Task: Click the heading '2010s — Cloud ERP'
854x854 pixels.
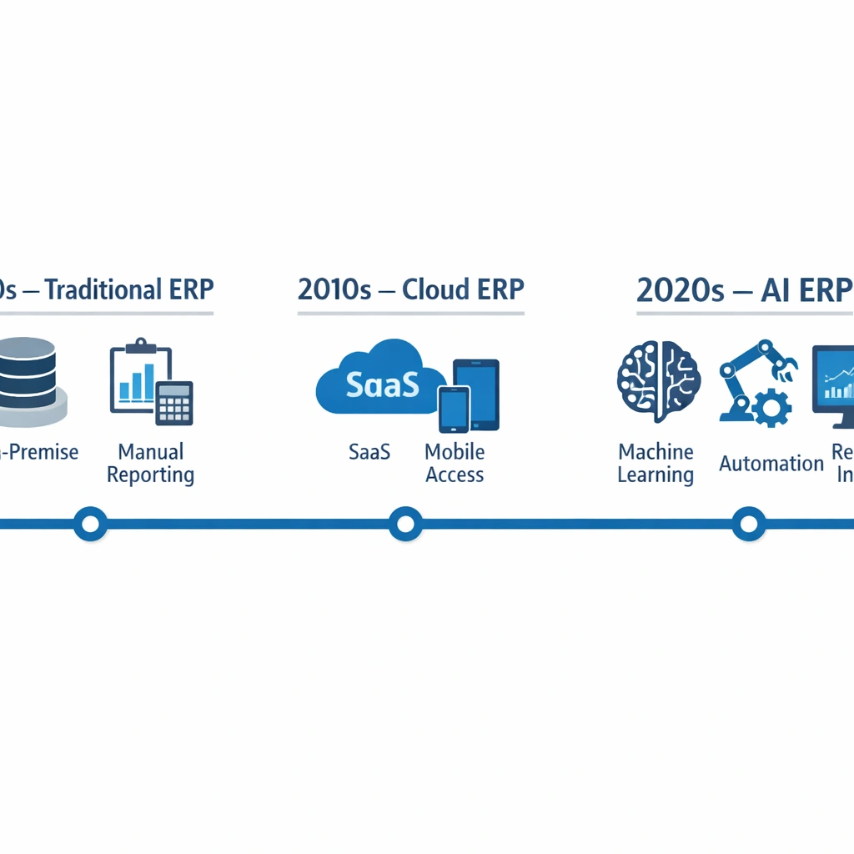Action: click(410, 289)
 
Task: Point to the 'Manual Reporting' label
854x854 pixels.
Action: click(151, 464)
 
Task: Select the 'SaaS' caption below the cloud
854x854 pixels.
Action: click(369, 453)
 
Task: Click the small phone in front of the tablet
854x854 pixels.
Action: click(454, 409)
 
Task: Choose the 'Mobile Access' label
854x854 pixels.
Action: click(455, 464)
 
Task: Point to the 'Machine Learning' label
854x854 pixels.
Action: click(656, 464)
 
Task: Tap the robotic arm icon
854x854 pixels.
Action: click(755, 371)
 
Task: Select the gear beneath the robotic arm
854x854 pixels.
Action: click(771, 408)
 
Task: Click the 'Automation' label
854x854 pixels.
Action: click(771, 464)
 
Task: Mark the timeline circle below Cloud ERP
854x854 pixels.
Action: click(405, 524)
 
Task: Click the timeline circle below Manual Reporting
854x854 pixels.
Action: click(90, 524)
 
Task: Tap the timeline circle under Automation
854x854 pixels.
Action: click(748, 524)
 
